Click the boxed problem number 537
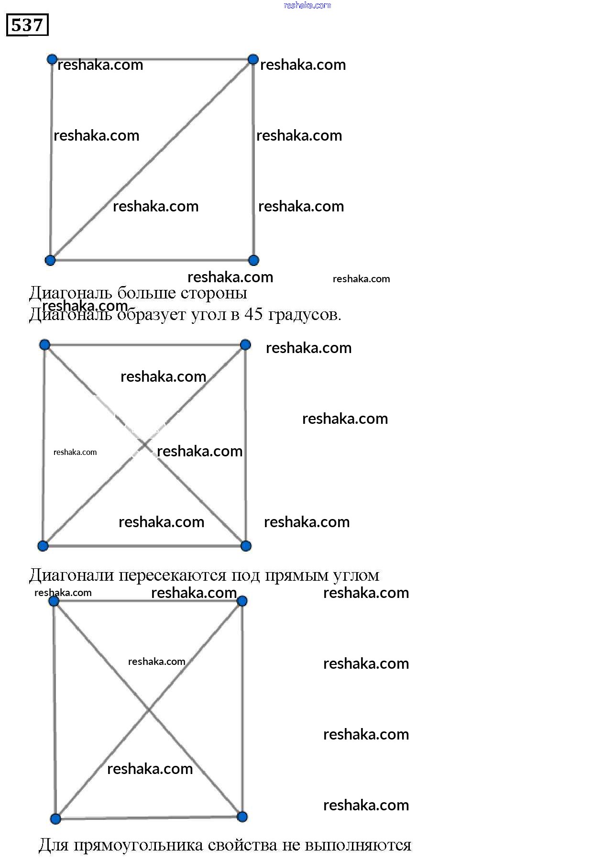tap(27, 25)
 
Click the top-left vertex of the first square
tap(52, 59)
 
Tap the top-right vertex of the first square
tap(253, 59)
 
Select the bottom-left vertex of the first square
tap(50, 260)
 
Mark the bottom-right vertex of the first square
tap(253, 260)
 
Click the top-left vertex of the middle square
tap(44, 344)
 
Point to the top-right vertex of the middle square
tap(245, 344)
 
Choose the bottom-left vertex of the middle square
tap(43, 546)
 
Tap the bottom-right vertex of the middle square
tap(246, 546)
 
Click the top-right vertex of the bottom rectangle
tap(242, 601)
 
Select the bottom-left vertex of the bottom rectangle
tap(55, 818)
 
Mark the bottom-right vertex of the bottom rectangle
tap(242, 817)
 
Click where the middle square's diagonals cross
tap(144, 445)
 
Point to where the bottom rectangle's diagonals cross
tap(149, 710)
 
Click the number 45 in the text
tap(253, 314)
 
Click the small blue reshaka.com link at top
tap(307, 5)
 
